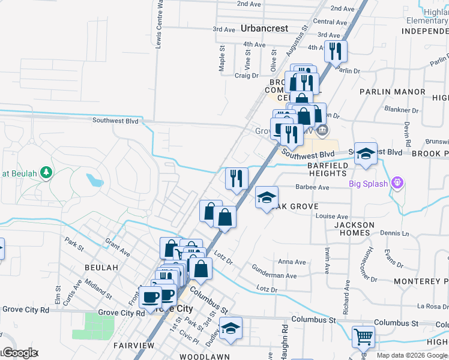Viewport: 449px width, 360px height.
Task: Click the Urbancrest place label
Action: (x=264, y=28)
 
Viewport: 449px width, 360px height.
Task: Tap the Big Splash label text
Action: (x=369, y=184)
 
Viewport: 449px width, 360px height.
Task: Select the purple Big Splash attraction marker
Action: (x=396, y=183)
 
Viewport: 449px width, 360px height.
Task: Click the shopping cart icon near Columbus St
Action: (x=363, y=337)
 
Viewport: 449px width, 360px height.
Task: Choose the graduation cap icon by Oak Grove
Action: (x=267, y=197)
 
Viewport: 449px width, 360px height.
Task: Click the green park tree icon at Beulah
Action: (x=46, y=173)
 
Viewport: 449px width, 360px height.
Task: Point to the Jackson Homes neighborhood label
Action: (x=354, y=229)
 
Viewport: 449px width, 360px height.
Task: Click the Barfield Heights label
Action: (x=328, y=169)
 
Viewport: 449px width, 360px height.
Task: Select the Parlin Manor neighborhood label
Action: (x=393, y=92)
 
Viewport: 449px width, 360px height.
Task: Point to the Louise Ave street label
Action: (x=332, y=217)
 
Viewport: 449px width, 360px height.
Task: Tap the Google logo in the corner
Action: (x=19, y=353)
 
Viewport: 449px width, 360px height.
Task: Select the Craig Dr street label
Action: (x=246, y=76)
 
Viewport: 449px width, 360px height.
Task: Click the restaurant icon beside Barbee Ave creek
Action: (x=237, y=178)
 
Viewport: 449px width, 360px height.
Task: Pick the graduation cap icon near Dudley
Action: (x=231, y=328)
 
